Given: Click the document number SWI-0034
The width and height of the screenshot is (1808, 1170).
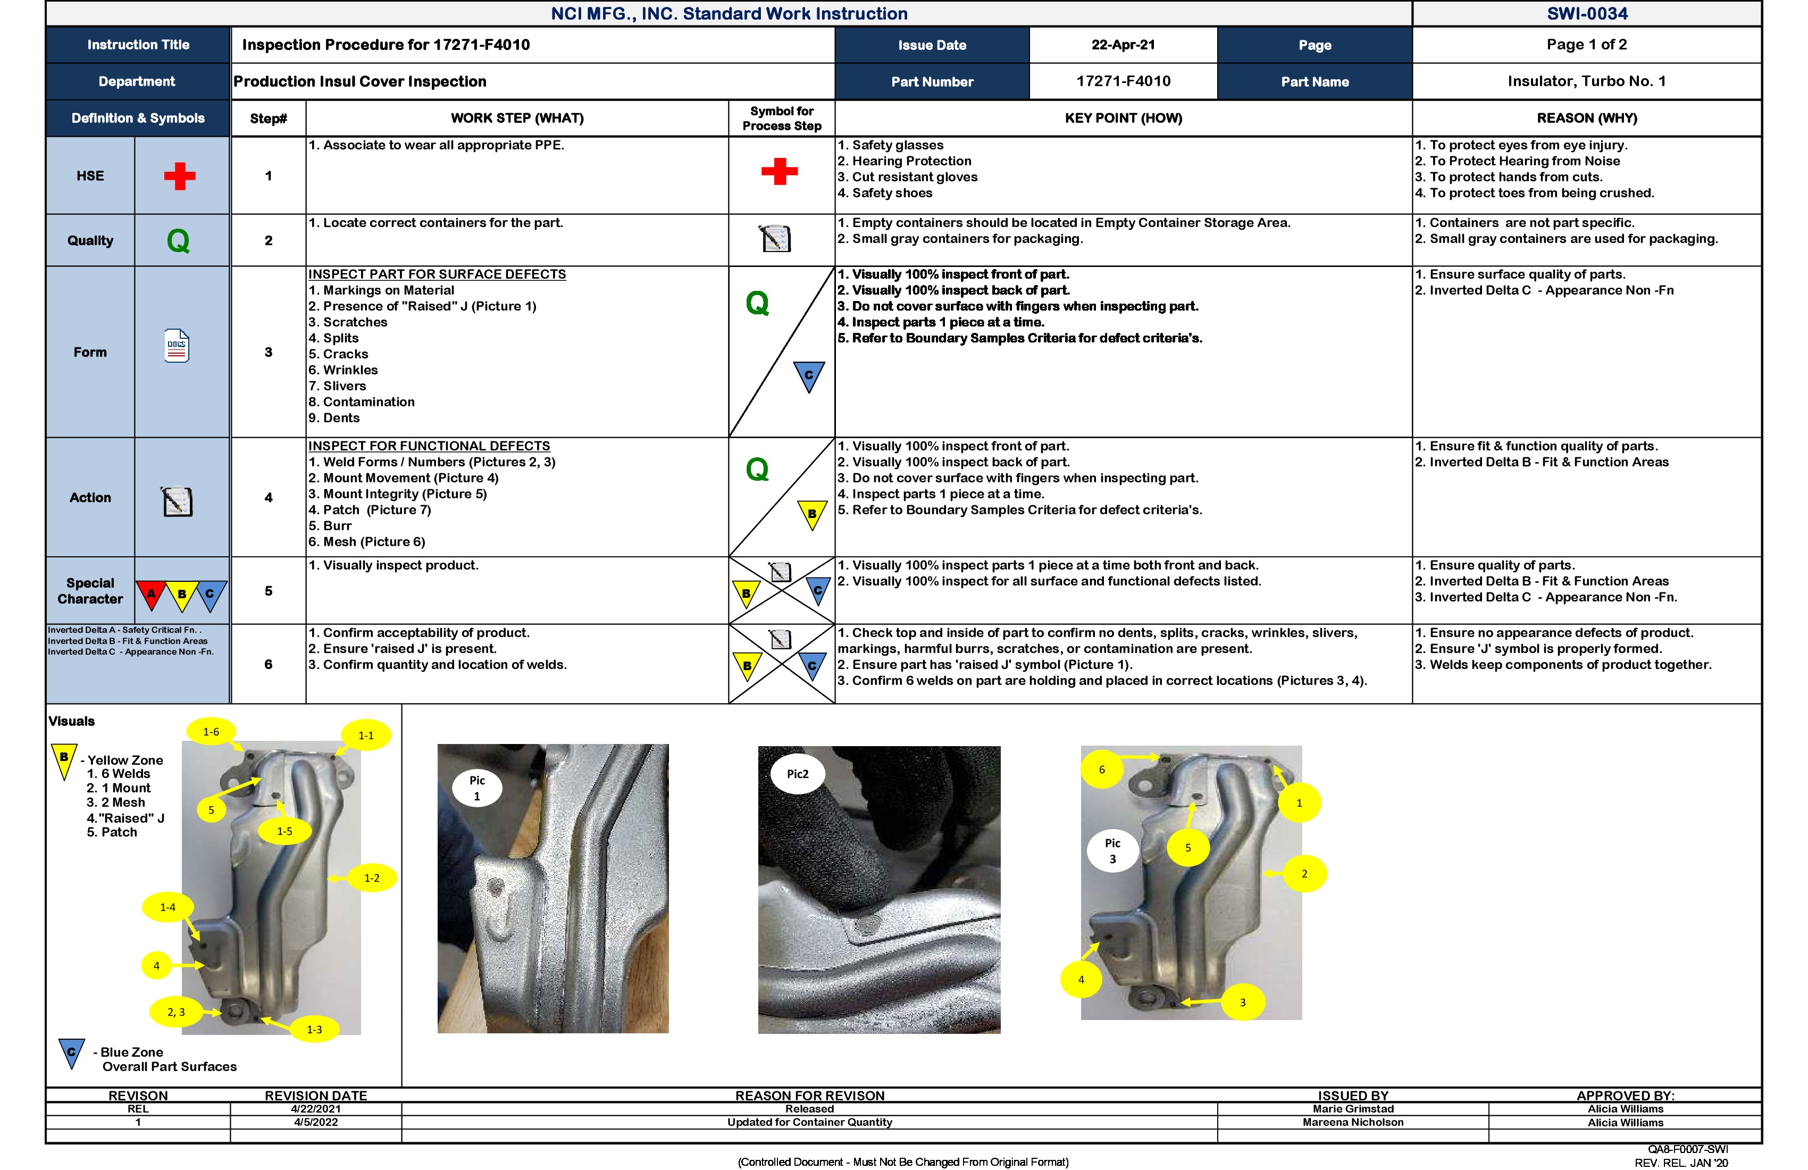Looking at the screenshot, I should [1586, 14].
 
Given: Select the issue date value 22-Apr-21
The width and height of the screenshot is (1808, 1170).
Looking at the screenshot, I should [1123, 45].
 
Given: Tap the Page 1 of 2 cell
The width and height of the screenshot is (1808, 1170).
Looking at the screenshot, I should [1586, 45].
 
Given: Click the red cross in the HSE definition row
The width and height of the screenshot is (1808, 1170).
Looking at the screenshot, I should [179, 175].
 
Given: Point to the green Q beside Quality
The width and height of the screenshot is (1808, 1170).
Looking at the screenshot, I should [178, 241].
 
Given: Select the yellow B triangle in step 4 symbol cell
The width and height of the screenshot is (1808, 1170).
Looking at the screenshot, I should [811, 514].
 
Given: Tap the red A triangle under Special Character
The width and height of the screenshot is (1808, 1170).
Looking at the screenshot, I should [151, 594].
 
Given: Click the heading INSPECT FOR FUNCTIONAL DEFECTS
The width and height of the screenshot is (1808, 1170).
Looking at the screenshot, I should [429, 446].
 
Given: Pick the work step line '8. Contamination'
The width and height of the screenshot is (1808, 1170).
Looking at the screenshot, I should [362, 402].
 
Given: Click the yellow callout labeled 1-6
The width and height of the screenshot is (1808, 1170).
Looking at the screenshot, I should [211, 732].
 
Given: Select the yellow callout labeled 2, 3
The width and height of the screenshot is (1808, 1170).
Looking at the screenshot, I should [176, 1012].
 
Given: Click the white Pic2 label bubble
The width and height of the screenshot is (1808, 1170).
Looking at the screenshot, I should [797, 774].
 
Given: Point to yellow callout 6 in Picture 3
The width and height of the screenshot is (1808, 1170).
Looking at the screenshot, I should [1101, 770].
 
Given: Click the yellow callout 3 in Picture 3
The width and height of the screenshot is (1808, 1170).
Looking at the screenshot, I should [1242, 1002].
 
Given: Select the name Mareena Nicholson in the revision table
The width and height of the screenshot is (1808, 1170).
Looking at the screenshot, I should [1352, 1122].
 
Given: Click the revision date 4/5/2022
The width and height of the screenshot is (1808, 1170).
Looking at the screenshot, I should [315, 1122].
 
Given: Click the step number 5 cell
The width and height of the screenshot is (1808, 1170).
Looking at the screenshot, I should [268, 591].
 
